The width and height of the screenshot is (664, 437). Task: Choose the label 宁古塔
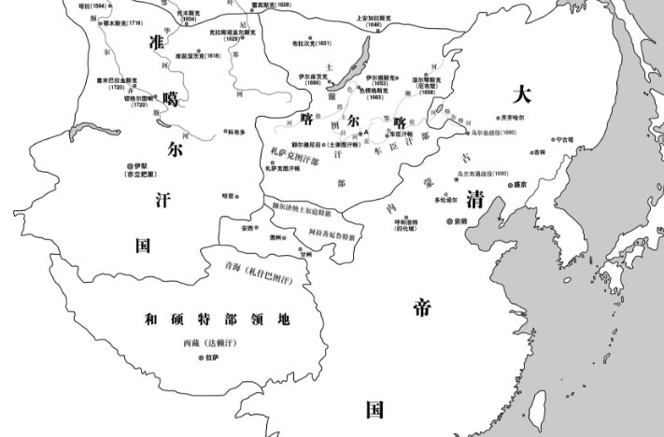pos(564,139)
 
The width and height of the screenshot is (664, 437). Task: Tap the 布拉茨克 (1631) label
pos(312,43)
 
